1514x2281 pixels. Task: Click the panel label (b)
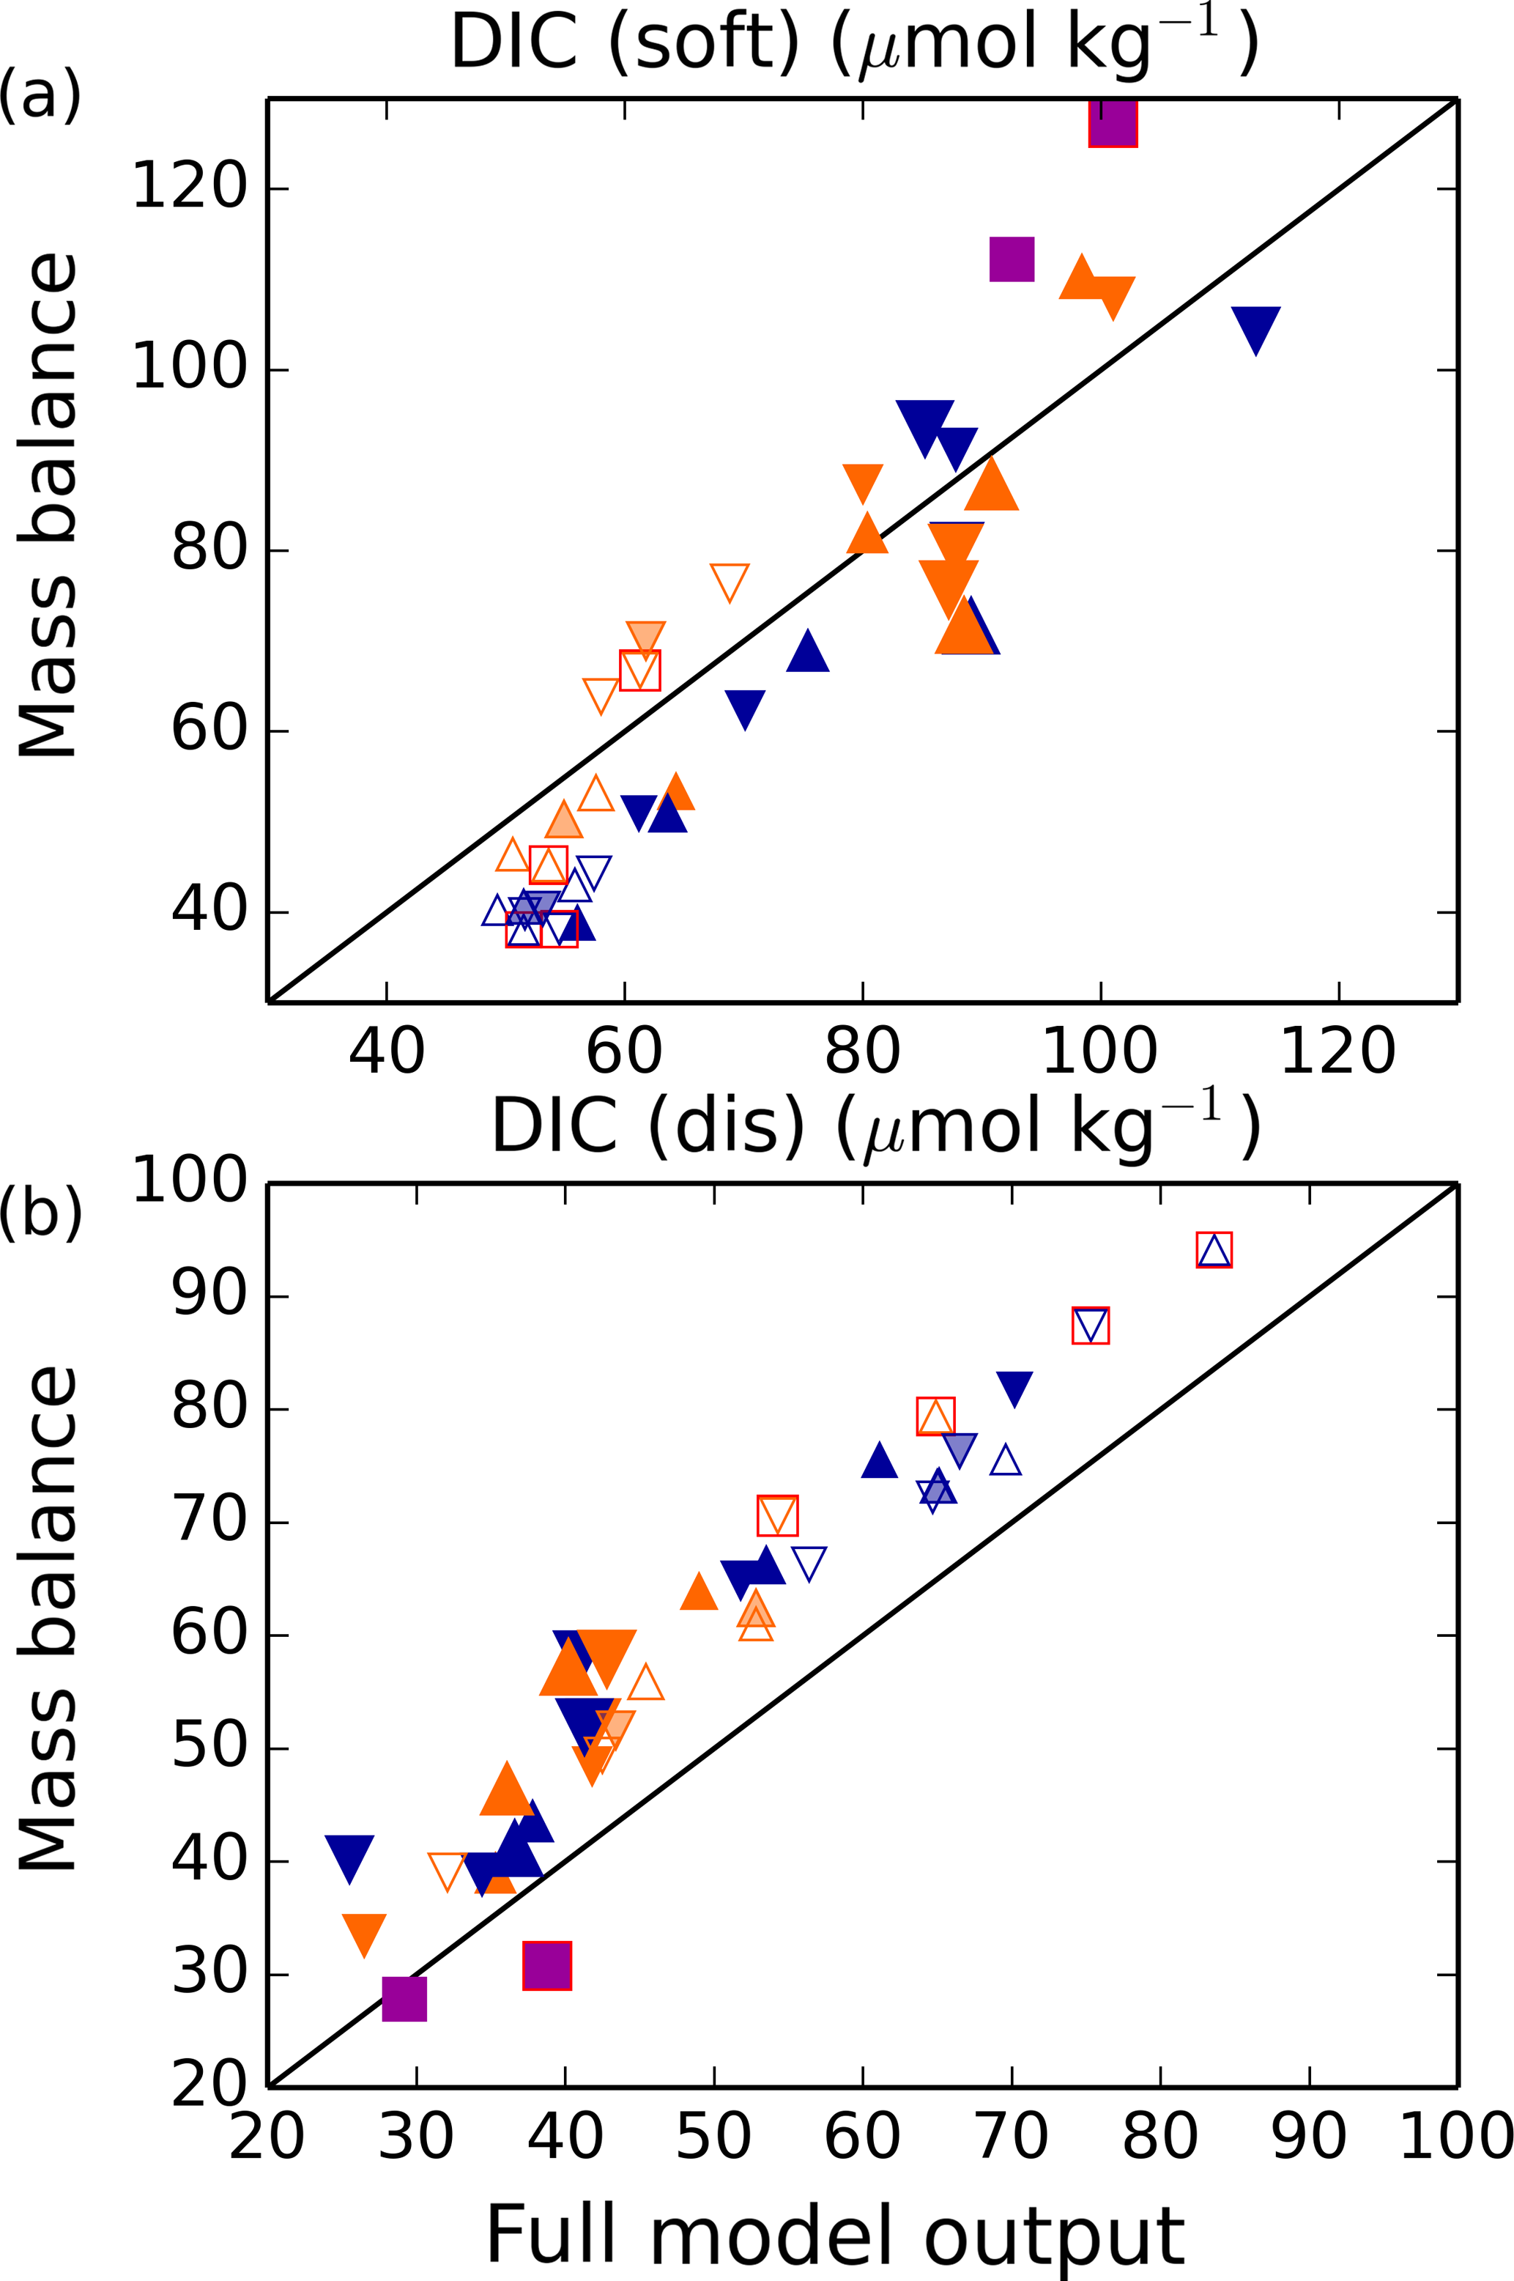40,1211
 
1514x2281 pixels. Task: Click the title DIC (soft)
855,43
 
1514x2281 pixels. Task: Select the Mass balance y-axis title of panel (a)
48,506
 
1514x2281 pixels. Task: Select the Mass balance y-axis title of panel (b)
48,1619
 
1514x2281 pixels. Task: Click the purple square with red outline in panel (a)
1113,122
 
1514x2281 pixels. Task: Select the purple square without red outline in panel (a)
1012,259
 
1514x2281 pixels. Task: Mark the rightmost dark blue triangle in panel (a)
1255,326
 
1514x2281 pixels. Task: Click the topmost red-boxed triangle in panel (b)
1214,1249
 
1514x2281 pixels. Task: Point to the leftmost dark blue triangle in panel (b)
349,1856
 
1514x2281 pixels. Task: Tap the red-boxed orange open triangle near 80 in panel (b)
935,1416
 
